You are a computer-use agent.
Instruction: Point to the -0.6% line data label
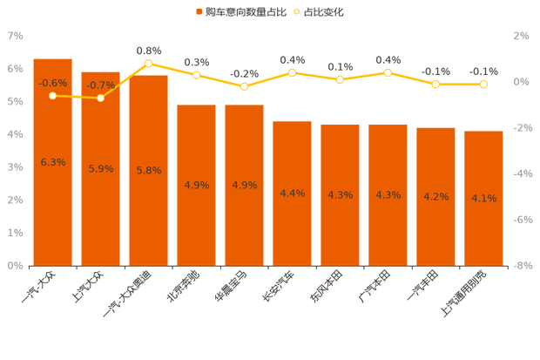tap(53, 83)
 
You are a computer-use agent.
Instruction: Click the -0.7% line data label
tap(101, 85)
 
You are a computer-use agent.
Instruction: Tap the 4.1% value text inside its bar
tap(483, 198)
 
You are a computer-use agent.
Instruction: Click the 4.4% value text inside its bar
tap(293, 194)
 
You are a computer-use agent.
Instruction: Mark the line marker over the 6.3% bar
tap(53, 95)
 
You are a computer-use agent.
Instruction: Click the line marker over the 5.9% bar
tap(101, 98)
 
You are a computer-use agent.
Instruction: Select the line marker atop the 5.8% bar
tap(149, 64)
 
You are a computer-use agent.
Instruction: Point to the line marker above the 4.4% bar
tap(293, 72)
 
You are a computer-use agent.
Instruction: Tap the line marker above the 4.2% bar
tap(435, 84)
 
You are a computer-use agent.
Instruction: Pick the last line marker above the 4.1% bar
tap(483, 84)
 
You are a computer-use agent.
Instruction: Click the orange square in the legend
tap(199, 12)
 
